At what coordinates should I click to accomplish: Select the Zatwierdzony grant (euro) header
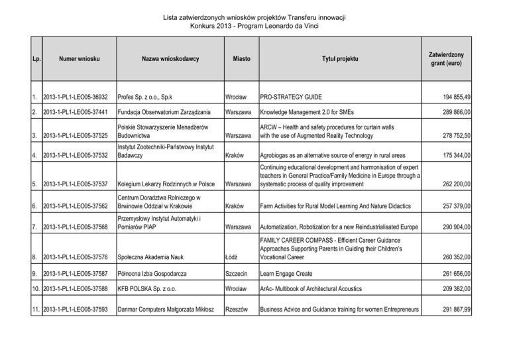[451, 60]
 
